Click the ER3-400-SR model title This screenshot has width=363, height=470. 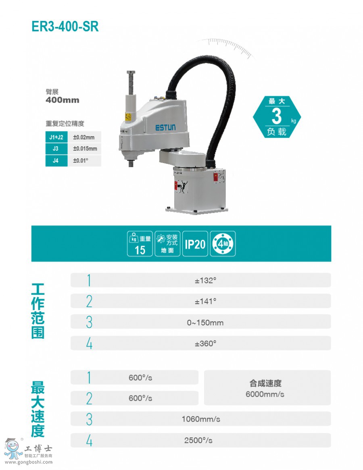click(x=65, y=27)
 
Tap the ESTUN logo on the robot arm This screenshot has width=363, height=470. click(x=165, y=128)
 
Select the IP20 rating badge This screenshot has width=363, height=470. click(x=195, y=244)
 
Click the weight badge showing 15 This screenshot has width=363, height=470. click(x=140, y=244)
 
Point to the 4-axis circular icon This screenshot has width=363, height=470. click(x=223, y=244)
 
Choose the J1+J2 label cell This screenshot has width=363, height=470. click(x=56, y=137)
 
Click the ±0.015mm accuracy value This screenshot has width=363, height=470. click(x=85, y=149)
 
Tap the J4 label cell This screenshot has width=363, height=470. click(x=56, y=161)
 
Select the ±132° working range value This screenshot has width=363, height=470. click(x=205, y=281)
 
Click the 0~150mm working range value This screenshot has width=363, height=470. click(x=205, y=323)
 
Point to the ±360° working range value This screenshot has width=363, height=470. click(x=205, y=344)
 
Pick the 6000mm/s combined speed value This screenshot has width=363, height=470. click(x=265, y=394)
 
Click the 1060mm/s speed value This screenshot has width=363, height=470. click(x=201, y=419)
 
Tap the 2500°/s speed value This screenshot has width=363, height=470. click(x=198, y=440)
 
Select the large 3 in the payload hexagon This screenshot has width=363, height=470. click(x=277, y=116)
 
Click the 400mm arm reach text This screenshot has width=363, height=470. click(x=63, y=100)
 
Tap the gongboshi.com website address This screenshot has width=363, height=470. click(x=29, y=462)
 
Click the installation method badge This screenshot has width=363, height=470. click(x=167, y=244)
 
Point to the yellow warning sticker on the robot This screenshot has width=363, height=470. click(x=128, y=117)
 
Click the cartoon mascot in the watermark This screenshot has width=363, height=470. click(x=13, y=448)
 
